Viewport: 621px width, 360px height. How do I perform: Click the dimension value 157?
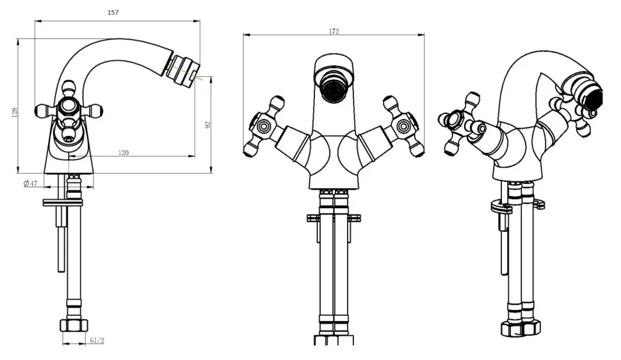113,12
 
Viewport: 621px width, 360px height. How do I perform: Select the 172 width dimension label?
334,31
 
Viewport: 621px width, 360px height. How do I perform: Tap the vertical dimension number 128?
15,112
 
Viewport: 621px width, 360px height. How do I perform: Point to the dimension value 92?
207,125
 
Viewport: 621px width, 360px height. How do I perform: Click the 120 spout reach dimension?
124,152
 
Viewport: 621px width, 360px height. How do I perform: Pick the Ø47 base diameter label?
31,183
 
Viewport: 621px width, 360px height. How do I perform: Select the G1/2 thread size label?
97,340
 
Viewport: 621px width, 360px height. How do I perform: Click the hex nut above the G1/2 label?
73,326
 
